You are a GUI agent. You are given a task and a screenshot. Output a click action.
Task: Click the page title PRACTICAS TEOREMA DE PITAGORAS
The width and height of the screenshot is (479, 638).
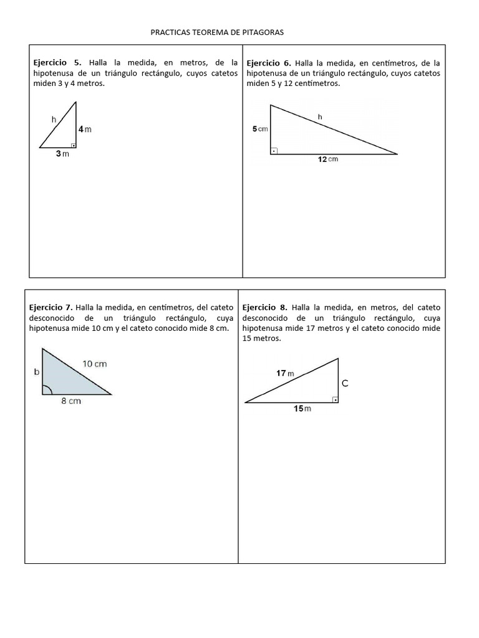[x=217, y=32]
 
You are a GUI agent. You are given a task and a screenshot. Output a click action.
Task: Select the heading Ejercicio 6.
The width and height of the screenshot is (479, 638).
[x=269, y=63]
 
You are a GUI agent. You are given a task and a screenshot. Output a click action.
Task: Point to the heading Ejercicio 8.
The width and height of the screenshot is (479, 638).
[x=265, y=307]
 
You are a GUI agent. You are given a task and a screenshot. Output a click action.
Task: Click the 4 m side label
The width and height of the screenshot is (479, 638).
[x=85, y=129]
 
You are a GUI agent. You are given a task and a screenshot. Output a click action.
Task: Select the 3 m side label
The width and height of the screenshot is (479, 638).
[x=62, y=154]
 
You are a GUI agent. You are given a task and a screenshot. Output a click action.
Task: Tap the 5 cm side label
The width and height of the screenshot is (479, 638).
[x=259, y=129]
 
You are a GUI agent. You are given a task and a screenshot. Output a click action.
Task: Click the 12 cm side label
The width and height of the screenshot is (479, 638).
[x=327, y=159]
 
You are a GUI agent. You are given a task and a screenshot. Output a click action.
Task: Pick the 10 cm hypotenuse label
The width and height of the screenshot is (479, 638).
[x=95, y=364]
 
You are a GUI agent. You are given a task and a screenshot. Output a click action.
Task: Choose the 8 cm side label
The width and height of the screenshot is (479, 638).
[x=71, y=401]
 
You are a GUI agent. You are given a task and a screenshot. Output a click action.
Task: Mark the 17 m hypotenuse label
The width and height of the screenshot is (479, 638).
[x=285, y=373]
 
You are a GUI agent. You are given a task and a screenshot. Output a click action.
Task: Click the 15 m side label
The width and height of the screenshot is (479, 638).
[x=302, y=409]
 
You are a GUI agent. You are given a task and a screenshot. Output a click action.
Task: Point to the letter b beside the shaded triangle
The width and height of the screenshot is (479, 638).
[x=36, y=372]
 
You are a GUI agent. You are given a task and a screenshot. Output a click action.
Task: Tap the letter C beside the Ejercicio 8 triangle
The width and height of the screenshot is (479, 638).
[x=344, y=384]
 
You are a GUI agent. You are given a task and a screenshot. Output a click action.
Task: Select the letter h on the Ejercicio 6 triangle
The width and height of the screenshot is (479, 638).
[x=320, y=116]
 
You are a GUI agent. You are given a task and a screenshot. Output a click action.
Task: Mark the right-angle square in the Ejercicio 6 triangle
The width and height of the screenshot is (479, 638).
[x=274, y=150]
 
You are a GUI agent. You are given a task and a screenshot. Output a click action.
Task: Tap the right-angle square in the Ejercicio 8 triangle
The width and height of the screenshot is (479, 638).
[x=335, y=399]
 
